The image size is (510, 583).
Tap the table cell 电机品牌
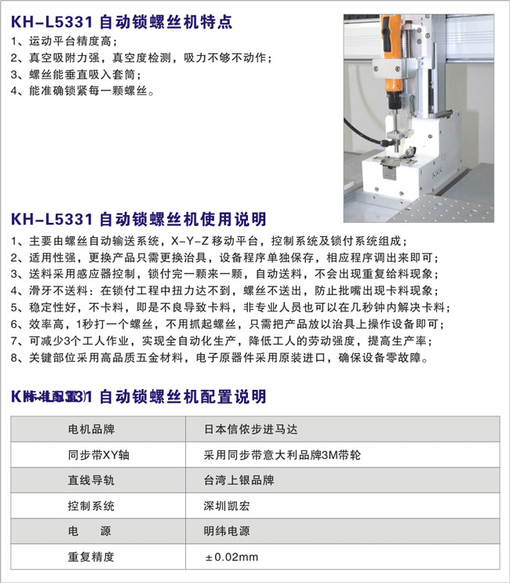point(92,429)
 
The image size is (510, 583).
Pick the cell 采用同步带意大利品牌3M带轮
point(282,454)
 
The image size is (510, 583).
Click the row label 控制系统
point(92,505)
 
